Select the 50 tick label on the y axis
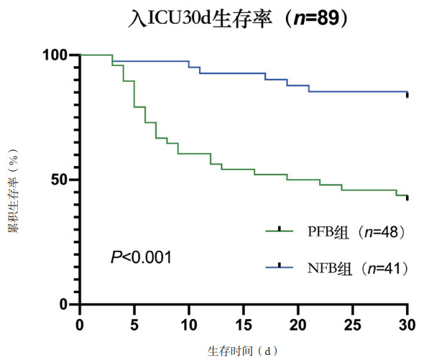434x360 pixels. point(60,180)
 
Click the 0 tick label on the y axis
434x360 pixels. point(64,304)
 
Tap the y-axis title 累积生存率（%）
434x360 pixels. point(13,180)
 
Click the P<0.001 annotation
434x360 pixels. point(141,256)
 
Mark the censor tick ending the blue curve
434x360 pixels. point(407,94)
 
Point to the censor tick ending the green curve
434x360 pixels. point(407,198)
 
